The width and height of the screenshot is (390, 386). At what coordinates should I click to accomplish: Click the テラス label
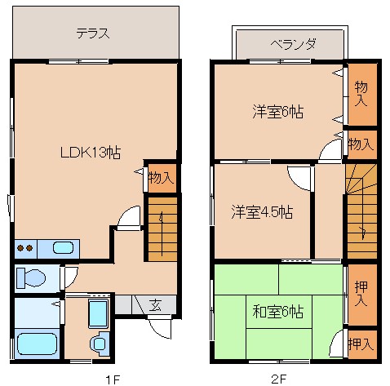click(x=93, y=34)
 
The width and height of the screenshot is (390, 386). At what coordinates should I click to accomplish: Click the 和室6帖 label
click(x=277, y=311)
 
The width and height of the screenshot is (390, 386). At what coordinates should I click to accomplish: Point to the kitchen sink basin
click(x=63, y=247)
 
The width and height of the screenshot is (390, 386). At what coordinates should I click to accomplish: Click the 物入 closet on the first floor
click(x=161, y=176)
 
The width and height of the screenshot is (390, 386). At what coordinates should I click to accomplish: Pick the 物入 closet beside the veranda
click(x=361, y=93)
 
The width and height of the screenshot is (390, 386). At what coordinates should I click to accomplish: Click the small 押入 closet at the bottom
click(x=361, y=344)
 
